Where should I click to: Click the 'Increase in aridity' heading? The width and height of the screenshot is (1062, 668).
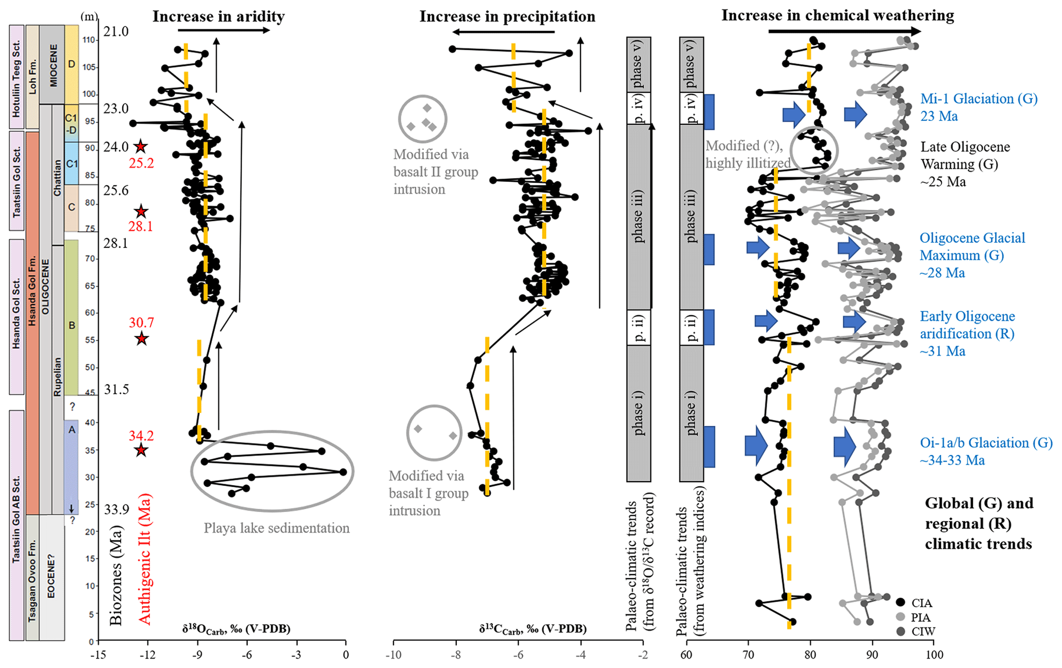pyautogui.click(x=218, y=16)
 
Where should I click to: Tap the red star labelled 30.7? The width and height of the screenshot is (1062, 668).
pyautogui.click(x=141, y=339)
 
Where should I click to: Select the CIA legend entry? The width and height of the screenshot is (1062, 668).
pyautogui.click(x=922, y=603)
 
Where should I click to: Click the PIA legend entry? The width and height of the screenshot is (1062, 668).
pyautogui.click(x=921, y=617)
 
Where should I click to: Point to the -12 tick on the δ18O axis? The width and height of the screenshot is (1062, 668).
pyautogui.click(x=148, y=655)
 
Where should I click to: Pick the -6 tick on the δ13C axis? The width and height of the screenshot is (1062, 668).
pyautogui.click(x=518, y=655)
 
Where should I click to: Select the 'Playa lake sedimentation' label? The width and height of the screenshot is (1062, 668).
pyautogui.click(x=276, y=528)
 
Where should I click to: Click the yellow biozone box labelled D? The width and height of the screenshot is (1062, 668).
pyautogui.click(x=71, y=64)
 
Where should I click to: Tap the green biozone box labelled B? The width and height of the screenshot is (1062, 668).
pyautogui.click(x=72, y=325)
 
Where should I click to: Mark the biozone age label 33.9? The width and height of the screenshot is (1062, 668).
pyautogui.click(x=116, y=509)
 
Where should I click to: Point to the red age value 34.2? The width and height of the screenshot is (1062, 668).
pyautogui.click(x=141, y=436)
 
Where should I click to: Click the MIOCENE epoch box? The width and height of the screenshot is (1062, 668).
pyautogui.click(x=53, y=65)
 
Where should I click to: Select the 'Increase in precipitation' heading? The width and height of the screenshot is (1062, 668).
pyautogui.click(x=507, y=16)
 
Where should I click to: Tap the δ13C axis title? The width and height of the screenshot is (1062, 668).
pyautogui.click(x=532, y=629)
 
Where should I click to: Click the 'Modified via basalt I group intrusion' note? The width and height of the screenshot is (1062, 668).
pyautogui.click(x=428, y=493)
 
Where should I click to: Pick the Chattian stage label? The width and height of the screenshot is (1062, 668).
pyautogui.click(x=57, y=178)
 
